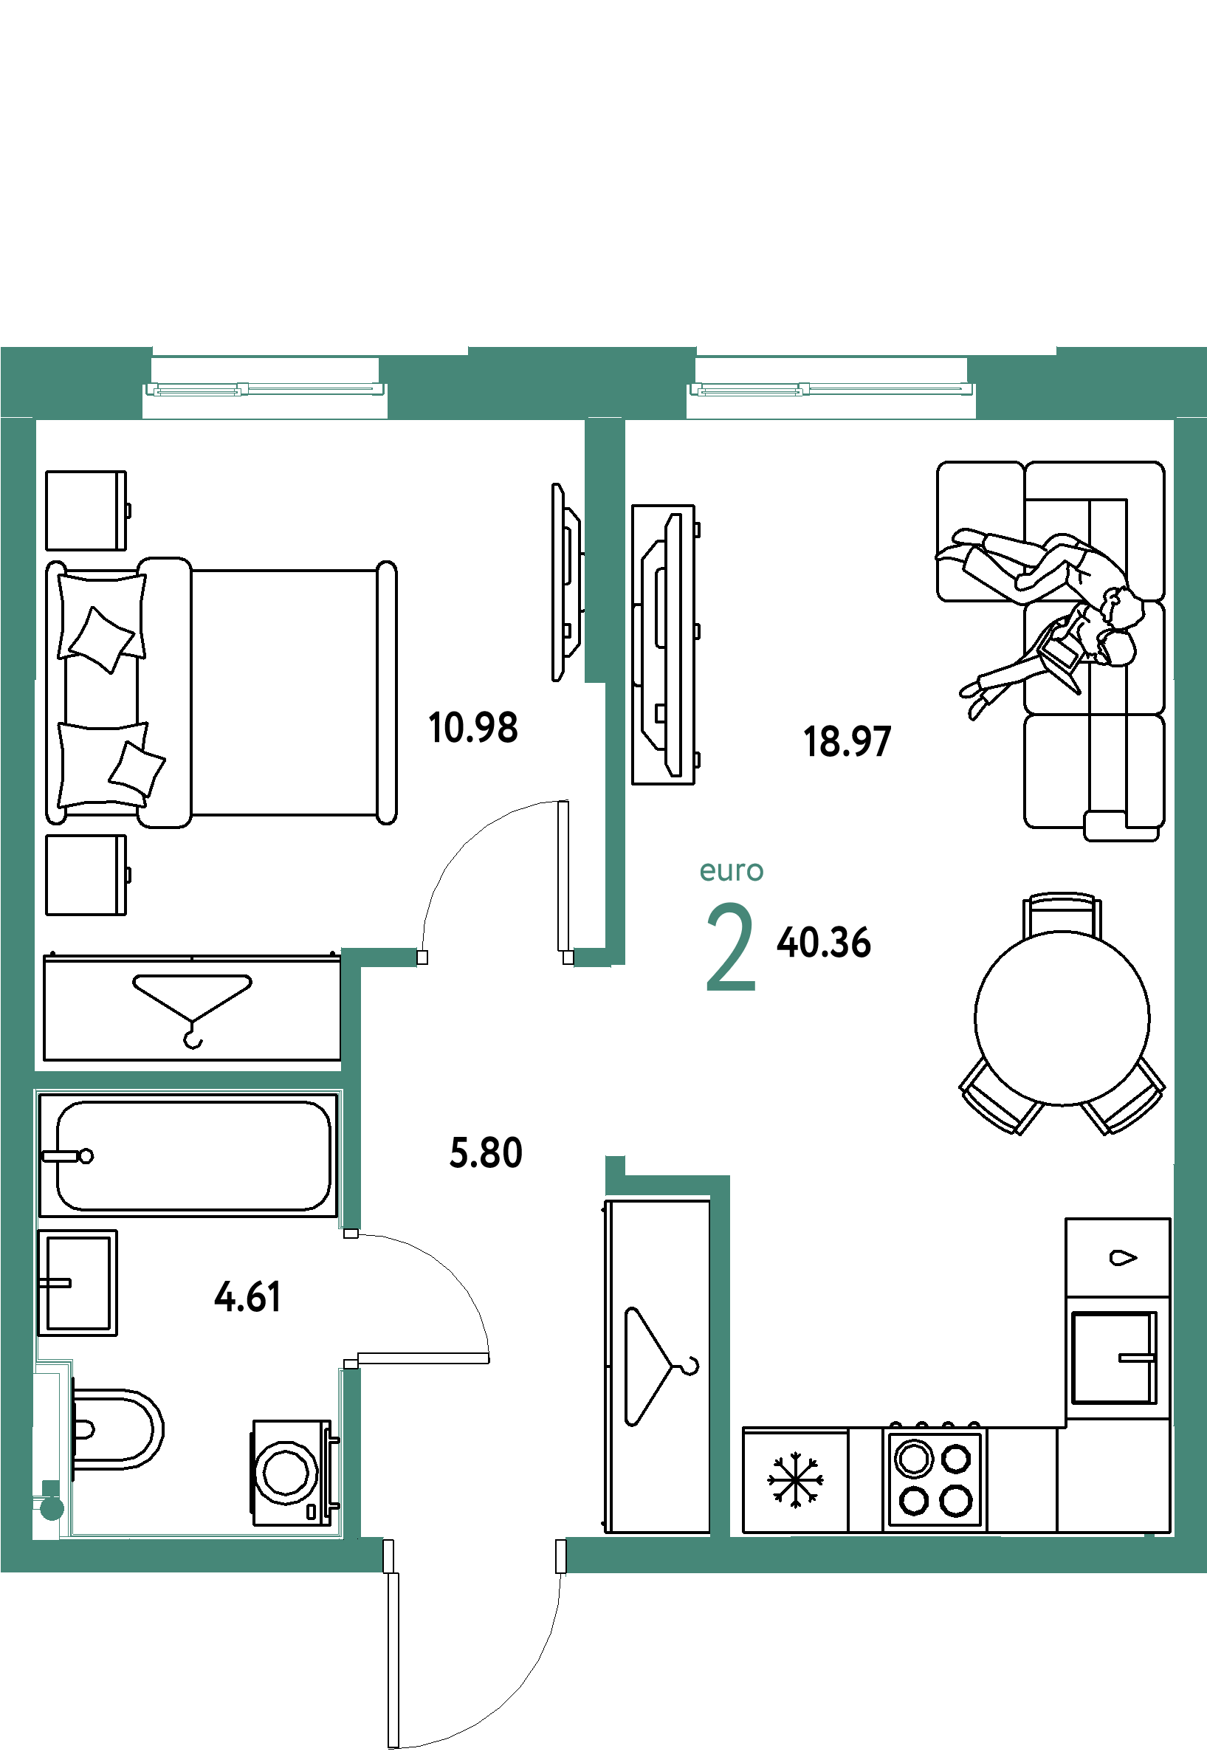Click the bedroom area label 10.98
(x=473, y=728)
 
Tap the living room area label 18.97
(x=847, y=741)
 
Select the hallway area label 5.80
(x=486, y=1152)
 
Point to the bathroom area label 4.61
(x=248, y=1297)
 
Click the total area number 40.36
(x=824, y=943)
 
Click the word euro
(x=732, y=870)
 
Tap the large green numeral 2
(x=731, y=946)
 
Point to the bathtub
(x=188, y=1155)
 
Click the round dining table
(x=1062, y=1018)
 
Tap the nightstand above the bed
(x=86, y=511)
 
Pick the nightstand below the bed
(x=86, y=875)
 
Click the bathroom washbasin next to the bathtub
(x=77, y=1283)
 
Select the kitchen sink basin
(x=1114, y=1357)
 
